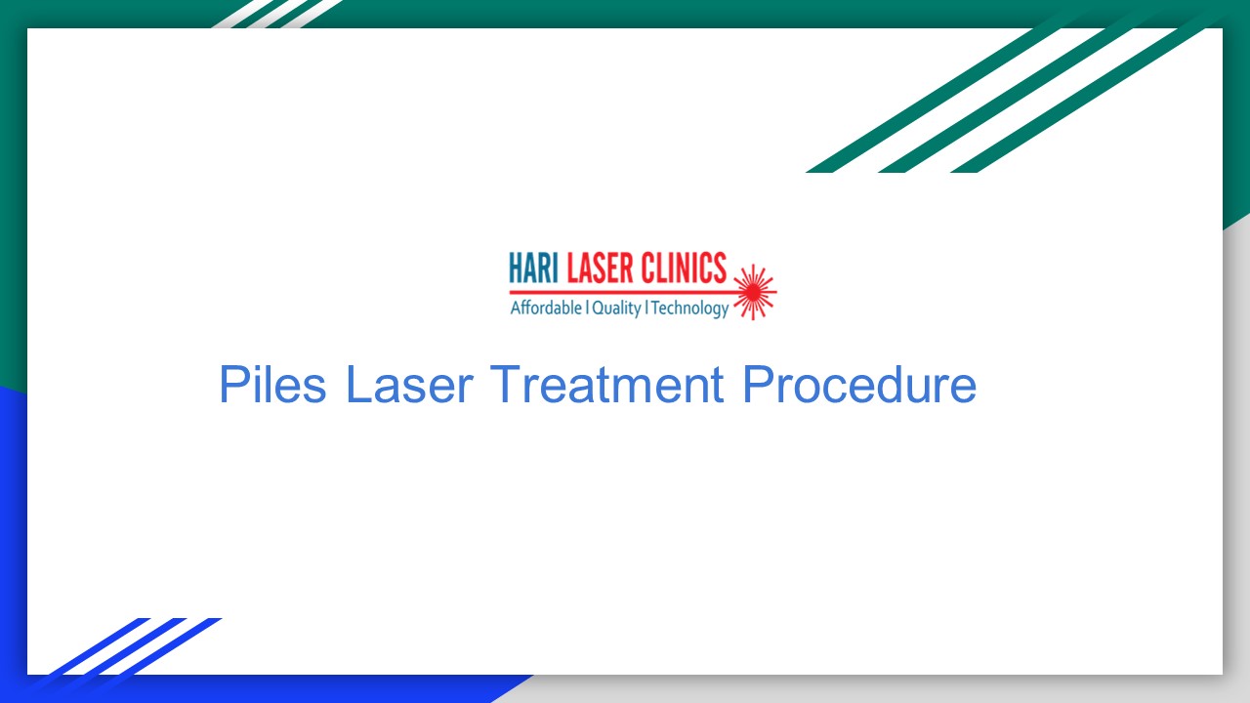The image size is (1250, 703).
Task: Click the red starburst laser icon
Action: tap(753, 291)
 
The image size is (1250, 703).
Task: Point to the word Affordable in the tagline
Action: tap(546, 309)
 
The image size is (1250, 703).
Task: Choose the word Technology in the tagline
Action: tap(689, 309)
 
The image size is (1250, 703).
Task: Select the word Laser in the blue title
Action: tap(409, 385)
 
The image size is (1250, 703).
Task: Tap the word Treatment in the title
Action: tap(606, 385)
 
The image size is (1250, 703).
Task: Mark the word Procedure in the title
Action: tap(859, 385)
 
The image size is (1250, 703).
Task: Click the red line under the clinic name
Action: tap(625, 290)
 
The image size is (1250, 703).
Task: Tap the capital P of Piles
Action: tap(231, 385)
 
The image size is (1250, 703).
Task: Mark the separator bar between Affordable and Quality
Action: tap(586, 309)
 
